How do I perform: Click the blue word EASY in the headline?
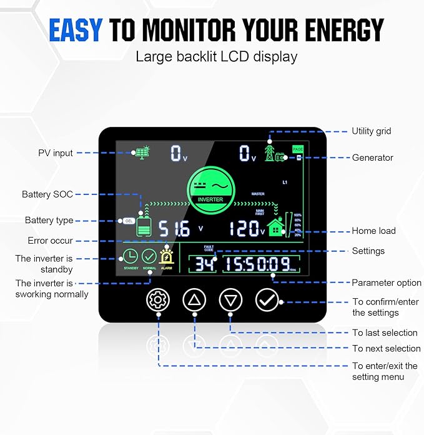coord(76,29)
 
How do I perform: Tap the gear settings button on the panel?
coord(157,300)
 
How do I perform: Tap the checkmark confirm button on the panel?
coord(267,300)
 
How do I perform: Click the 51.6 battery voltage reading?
coord(174,229)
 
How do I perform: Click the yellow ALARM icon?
coord(167,257)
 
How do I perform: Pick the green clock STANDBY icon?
coord(130,257)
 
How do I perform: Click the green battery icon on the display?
coord(144,227)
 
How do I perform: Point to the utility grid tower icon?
coord(270,152)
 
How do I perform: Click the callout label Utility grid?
coord(372,131)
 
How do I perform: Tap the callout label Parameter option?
coord(387,282)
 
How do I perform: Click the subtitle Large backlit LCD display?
coord(217,57)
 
